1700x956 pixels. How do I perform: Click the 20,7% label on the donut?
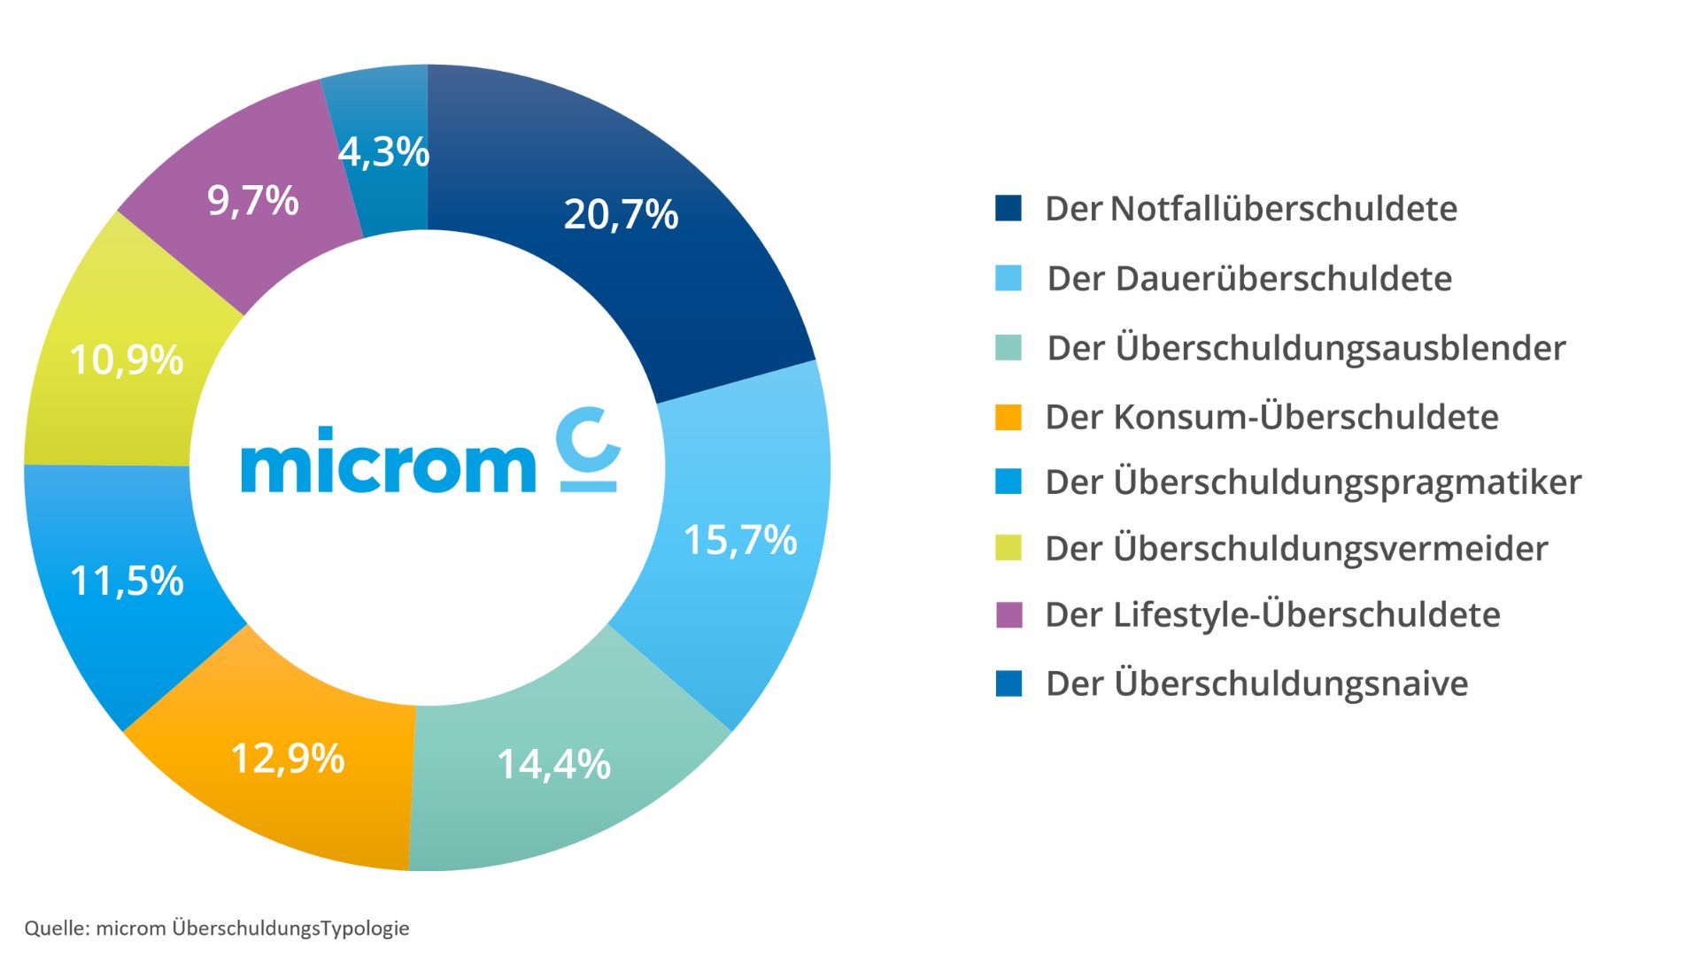(x=621, y=215)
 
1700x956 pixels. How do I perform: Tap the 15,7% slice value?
(x=740, y=540)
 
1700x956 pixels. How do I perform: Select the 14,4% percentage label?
(x=553, y=764)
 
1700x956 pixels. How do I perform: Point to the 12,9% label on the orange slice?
(x=287, y=759)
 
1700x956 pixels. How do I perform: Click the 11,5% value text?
(x=127, y=582)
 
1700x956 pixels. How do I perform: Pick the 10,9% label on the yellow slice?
(x=126, y=360)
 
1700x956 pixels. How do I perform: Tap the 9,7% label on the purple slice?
(x=253, y=201)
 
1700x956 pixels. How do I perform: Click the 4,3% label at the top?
(x=383, y=152)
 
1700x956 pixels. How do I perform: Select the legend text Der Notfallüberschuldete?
(x=1250, y=209)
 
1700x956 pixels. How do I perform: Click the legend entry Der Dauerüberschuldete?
(x=1248, y=279)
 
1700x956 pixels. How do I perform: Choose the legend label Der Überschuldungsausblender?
(x=1306, y=348)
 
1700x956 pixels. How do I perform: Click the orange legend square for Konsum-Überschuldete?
(x=1008, y=417)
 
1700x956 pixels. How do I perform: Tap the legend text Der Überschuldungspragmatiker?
(x=1312, y=482)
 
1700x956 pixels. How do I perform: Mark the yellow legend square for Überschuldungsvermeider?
(x=1008, y=548)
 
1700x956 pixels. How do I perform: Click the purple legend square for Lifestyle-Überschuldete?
(x=1008, y=614)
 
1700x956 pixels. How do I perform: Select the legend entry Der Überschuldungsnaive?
(x=1256, y=683)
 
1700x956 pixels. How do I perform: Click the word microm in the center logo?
(x=388, y=462)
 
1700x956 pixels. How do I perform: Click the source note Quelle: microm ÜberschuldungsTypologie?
(x=217, y=929)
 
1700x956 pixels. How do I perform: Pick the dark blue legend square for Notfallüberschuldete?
(x=1008, y=209)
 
